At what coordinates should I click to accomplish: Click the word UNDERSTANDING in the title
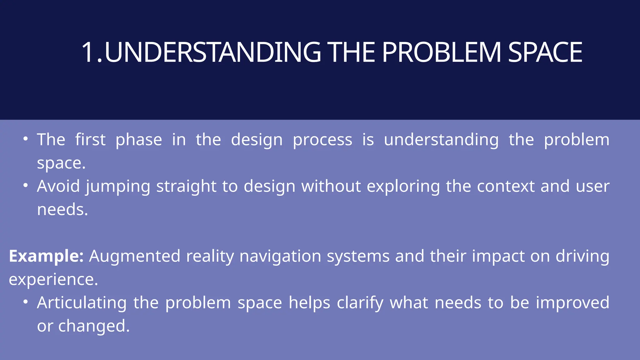[212, 52]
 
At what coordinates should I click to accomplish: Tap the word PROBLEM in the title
[441, 52]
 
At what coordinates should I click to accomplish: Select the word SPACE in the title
[545, 52]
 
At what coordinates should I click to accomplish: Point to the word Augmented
[135, 256]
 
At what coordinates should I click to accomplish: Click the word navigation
[280, 257]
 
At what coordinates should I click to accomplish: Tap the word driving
[582, 257]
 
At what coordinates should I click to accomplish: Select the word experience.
[53, 280]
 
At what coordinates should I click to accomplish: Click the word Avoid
[58, 186]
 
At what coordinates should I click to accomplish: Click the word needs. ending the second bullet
[62, 209]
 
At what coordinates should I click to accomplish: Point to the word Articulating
[82, 303]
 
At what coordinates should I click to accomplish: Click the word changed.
[94, 326]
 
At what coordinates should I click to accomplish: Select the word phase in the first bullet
[139, 140]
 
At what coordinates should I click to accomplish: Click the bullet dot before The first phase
[26, 138]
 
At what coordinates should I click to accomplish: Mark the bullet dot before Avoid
[26, 185]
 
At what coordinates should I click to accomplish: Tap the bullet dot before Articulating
[26, 302]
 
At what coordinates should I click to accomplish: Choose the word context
[506, 186]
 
